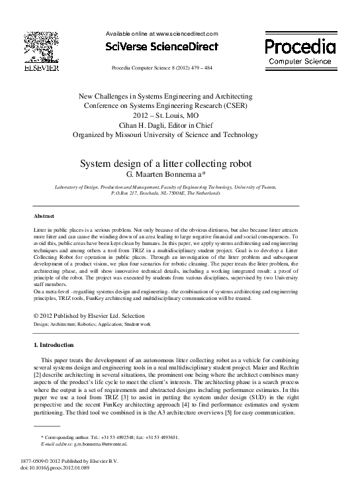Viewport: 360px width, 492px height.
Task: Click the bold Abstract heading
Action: click(x=44, y=217)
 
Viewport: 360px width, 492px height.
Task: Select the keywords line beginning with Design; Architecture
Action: click(x=92, y=324)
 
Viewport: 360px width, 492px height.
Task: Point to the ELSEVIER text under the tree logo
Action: click(x=41, y=68)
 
